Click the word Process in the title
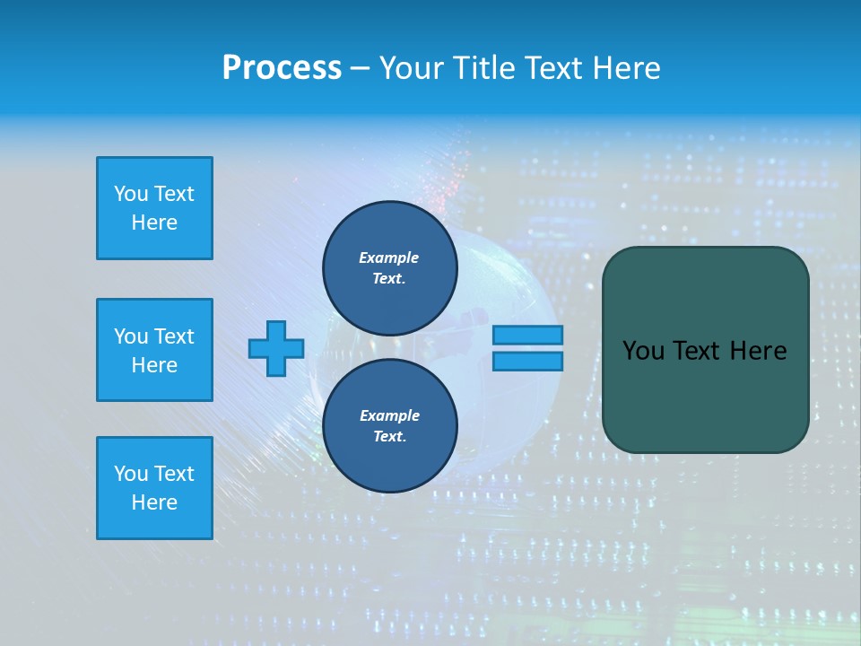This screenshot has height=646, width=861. click(282, 68)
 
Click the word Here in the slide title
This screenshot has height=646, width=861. click(625, 68)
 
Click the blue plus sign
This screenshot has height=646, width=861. click(275, 348)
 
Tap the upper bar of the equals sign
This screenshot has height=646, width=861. click(528, 335)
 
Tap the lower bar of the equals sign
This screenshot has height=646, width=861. click(528, 361)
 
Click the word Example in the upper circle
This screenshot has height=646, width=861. click(388, 258)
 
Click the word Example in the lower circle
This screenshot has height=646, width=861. click(389, 415)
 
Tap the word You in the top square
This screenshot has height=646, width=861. click(131, 194)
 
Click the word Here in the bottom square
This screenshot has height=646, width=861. click(154, 502)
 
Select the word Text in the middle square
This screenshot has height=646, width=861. click(173, 336)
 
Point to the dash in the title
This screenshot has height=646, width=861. click(360, 68)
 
